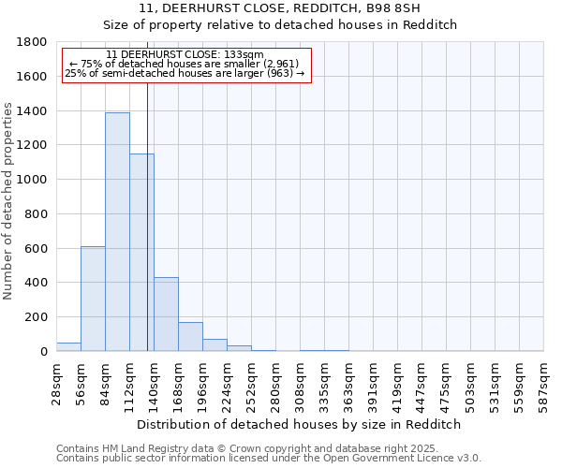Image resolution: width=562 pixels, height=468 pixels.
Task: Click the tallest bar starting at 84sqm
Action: [x=117, y=232]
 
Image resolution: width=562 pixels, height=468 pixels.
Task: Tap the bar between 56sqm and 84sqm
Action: [x=93, y=299]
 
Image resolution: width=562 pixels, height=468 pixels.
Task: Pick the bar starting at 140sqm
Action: [x=166, y=314]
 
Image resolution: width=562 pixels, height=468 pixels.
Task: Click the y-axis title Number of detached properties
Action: [x=8, y=197]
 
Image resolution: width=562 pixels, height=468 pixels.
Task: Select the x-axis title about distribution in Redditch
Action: [x=299, y=424]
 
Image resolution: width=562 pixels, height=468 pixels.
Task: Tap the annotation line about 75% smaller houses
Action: [x=184, y=64]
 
